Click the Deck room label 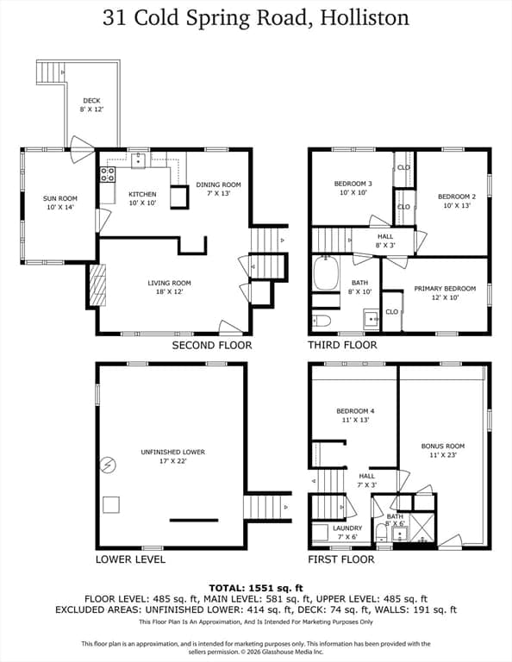click(91, 101)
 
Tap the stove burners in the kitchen click(107, 174)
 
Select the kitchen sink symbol click(138, 160)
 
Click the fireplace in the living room click(97, 284)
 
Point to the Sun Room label click(60, 198)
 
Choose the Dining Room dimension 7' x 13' click(218, 193)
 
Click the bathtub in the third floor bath click(326, 272)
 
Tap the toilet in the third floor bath click(321, 322)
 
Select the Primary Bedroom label click(445, 289)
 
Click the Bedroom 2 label click(457, 197)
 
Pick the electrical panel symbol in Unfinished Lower click(108, 465)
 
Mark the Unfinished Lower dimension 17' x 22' click(173, 461)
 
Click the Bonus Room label click(443, 446)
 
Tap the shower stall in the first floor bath click(422, 528)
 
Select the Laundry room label click(347, 528)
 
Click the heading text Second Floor click(212, 346)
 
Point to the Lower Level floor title click(130, 559)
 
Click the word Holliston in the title click(365, 18)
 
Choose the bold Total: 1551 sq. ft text click(256, 588)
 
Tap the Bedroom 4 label click(355, 411)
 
